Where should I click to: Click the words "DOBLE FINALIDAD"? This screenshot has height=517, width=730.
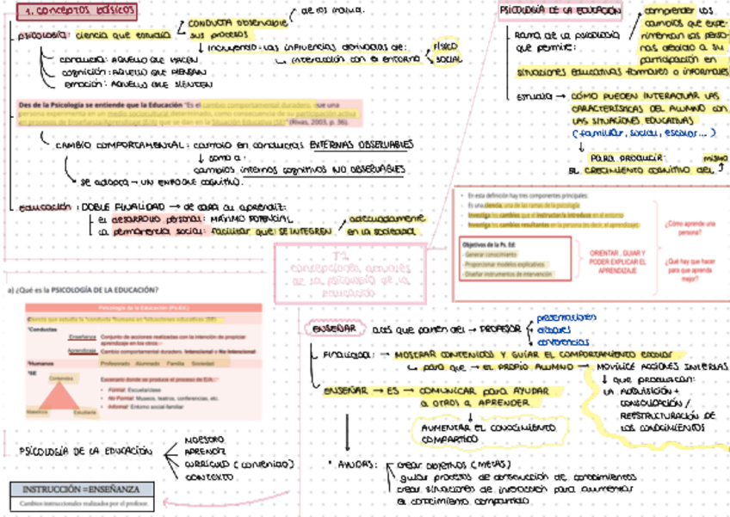[x=119, y=207]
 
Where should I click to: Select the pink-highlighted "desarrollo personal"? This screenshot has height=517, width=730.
[x=139, y=219]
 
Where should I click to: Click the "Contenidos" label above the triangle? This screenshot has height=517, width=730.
[x=60, y=377]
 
